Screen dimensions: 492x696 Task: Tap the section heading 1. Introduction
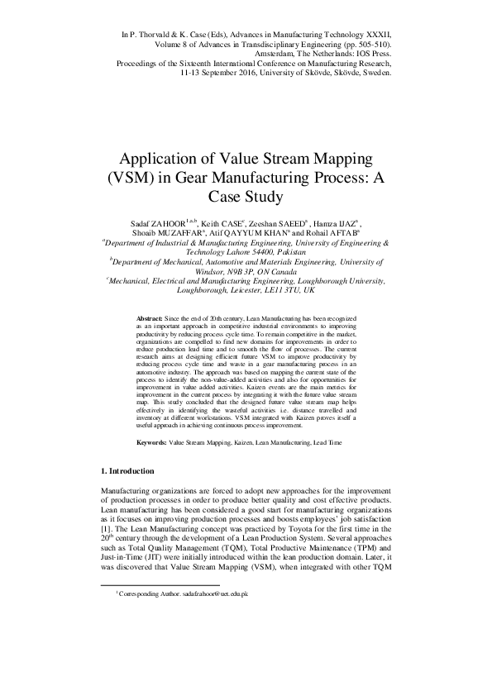(x=126, y=470)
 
